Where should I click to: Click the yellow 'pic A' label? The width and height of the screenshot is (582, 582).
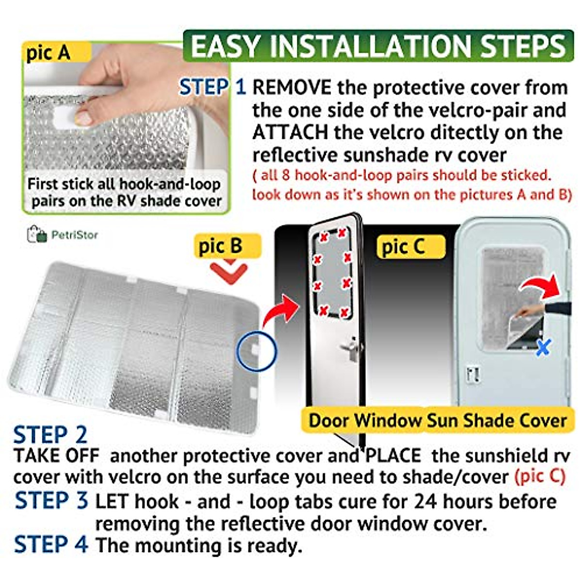point(48,52)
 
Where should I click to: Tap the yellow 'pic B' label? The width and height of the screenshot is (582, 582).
point(220,246)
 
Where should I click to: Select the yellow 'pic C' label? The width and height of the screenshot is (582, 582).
point(404,247)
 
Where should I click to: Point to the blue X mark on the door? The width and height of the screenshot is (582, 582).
point(543,347)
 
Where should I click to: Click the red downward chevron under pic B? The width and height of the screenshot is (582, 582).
point(228,272)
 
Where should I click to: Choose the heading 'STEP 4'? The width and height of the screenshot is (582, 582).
point(51,544)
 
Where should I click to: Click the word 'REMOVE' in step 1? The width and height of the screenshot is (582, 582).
point(292,88)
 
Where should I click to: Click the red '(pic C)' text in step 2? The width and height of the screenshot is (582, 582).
point(540,476)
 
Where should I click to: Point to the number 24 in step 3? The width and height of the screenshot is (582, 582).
point(424,501)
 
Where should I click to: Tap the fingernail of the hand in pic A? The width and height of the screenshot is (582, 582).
point(83,117)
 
